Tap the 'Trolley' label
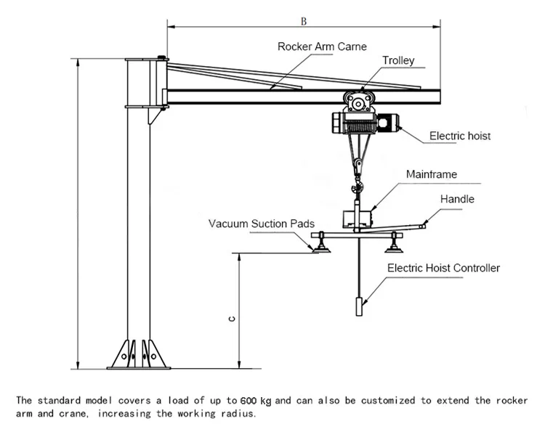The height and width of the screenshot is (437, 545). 398,60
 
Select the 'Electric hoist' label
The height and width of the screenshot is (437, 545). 459,136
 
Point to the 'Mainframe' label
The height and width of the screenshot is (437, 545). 431,174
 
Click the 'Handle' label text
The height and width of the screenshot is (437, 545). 456,198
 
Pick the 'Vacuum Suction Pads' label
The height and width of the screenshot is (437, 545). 261,224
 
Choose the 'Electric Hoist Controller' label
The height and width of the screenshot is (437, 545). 443,268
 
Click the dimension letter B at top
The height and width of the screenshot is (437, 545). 303,22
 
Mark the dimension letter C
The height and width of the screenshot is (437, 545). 230,318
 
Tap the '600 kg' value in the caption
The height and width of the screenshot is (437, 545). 256,400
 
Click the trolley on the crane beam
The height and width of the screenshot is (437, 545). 358,101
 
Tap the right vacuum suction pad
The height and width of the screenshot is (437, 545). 395,248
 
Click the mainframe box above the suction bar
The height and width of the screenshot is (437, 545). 358,217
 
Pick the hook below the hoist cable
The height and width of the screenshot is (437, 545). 357,168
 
